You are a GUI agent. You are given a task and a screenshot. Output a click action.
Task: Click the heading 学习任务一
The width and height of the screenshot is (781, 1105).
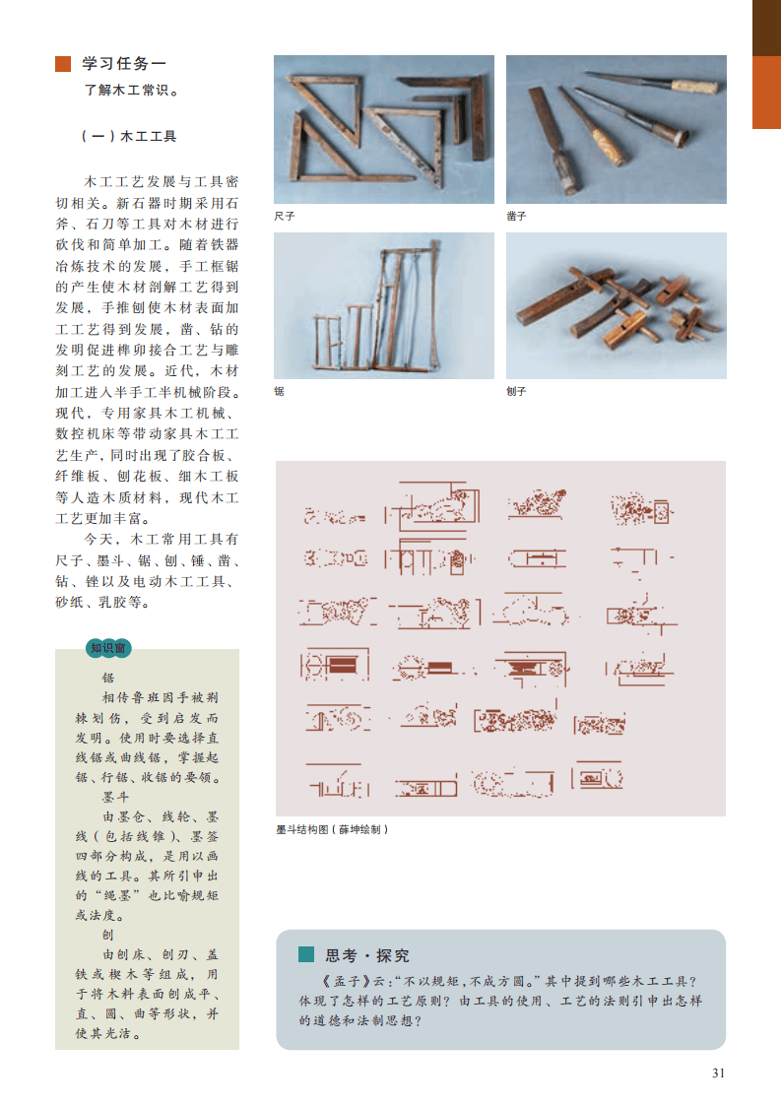click(124, 63)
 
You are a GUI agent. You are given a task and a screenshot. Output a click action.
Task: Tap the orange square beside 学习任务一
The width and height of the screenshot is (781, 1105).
click(63, 63)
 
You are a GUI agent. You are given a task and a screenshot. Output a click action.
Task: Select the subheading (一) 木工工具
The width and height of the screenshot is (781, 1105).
click(129, 136)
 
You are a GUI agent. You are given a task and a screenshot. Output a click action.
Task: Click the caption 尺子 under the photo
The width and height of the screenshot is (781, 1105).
click(284, 217)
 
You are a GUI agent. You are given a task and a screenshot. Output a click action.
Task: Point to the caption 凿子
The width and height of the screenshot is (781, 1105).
click(517, 217)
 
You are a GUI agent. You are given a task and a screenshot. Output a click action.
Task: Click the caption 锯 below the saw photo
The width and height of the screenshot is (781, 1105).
click(279, 391)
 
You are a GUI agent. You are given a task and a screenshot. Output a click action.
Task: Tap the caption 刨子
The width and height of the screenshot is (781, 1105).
click(517, 391)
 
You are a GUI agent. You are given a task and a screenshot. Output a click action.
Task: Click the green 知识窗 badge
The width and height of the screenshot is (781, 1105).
click(108, 648)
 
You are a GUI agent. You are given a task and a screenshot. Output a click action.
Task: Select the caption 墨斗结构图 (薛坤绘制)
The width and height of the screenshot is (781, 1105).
click(332, 829)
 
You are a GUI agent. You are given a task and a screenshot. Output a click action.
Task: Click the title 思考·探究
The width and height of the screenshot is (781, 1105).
click(367, 955)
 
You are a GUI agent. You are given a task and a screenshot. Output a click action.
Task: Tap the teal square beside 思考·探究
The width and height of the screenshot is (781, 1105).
click(306, 954)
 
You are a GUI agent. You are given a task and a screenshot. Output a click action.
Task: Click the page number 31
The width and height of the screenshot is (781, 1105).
click(718, 1072)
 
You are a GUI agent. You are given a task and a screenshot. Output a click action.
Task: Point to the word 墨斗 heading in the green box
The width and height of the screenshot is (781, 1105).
click(116, 797)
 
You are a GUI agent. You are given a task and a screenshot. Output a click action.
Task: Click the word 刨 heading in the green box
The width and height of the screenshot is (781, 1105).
click(108, 935)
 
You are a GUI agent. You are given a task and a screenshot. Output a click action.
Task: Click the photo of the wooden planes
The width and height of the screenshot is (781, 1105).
click(617, 306)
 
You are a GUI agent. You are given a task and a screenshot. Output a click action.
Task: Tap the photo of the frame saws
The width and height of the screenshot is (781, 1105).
click(384, 306)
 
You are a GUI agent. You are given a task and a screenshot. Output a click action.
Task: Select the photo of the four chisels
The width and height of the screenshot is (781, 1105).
click(617, 130)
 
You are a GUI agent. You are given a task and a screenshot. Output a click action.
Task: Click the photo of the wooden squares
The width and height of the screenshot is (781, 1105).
click(384, 130)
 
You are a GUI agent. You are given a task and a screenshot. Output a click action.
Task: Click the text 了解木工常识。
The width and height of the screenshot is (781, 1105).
click(131, 91)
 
